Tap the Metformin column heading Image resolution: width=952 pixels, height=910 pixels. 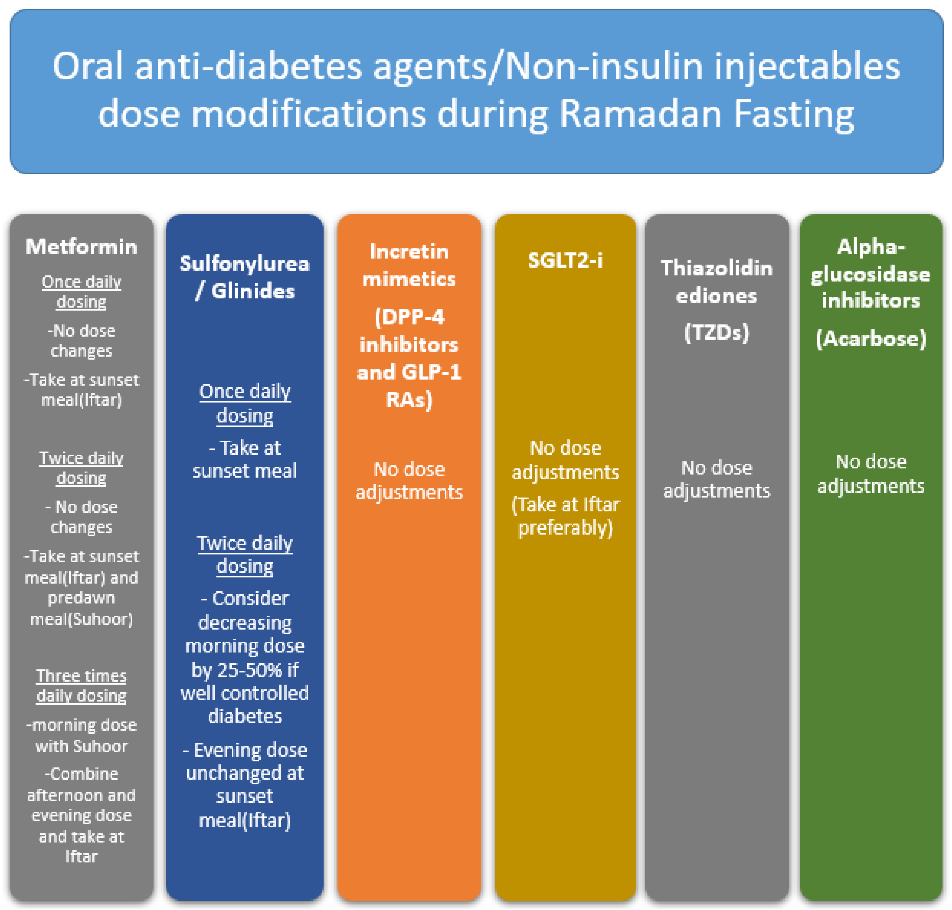click(x=82, y=247)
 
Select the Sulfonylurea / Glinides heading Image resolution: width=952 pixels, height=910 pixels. click(x=245, y=277)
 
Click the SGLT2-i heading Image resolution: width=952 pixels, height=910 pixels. click(x=565, y=261)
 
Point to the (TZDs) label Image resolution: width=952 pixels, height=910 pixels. click(x=716, y=333)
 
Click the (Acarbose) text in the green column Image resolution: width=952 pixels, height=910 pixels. click(x=870, y=338)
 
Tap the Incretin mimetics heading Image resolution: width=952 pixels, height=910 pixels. click(x=409, y=265)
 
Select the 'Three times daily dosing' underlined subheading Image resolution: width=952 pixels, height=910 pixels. click(x=82, y=686)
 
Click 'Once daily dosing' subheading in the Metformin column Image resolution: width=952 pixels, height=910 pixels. click(x=82, y=292)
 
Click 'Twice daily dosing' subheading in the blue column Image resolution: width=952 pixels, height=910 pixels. click(x=245, y=554)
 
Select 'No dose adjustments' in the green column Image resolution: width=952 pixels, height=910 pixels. click(x=870, y=474)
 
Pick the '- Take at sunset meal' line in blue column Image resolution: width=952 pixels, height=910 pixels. click(x=245, y=459)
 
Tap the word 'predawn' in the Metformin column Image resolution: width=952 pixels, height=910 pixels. click(x=82, y=598)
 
